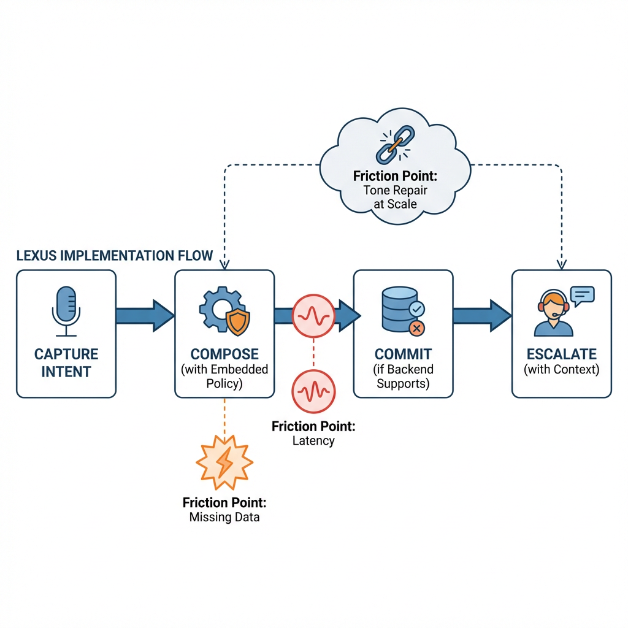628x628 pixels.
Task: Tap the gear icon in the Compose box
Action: pos(217,308)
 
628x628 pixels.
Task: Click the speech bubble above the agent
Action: pos(582,295)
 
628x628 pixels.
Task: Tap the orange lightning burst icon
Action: pos(224,460)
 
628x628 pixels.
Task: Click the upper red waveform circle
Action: pos(313,315)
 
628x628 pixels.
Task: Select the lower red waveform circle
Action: pos(313,389)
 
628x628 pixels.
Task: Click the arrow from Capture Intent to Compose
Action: pos(145,315)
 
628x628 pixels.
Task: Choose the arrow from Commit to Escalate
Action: pos(481,315)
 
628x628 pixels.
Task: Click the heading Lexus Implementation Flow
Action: pos(115,256)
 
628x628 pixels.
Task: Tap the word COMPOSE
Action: pos(224,354)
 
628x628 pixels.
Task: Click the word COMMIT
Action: pos(403,354)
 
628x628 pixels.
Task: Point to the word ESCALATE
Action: pos(562,354)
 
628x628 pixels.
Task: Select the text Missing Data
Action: pos(224,517)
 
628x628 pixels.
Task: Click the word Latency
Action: pos(313,440)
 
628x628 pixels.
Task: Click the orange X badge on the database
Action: pos(416,329)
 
